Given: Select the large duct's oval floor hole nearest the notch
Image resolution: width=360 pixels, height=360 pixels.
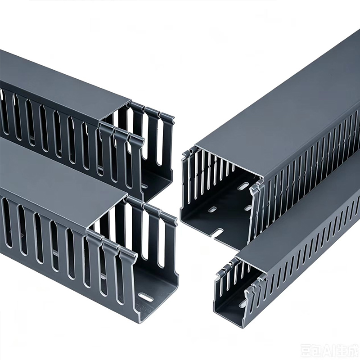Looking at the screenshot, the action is click(x=213, y=209).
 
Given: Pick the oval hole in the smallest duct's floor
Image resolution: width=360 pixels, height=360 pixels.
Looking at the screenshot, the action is click(x=243, y=304).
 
